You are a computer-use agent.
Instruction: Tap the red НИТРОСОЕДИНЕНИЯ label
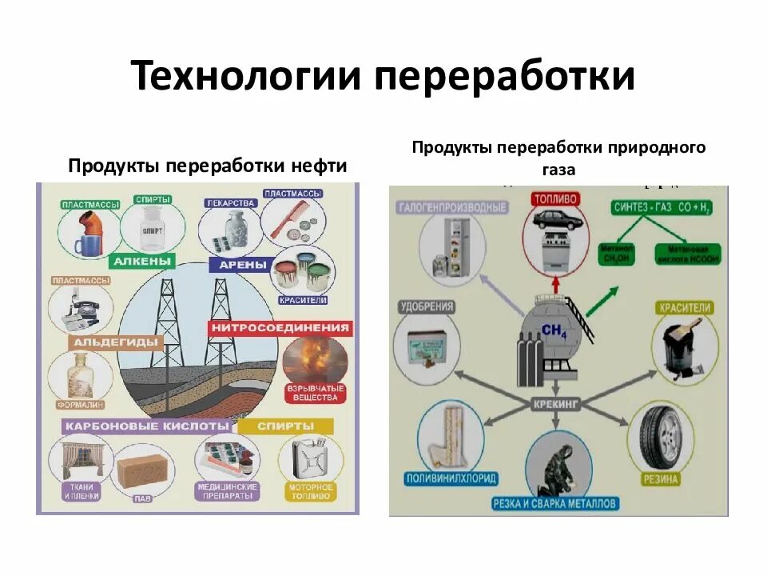click(x=280, y=327)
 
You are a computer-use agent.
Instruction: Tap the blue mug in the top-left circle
click(x=85, y=244)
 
